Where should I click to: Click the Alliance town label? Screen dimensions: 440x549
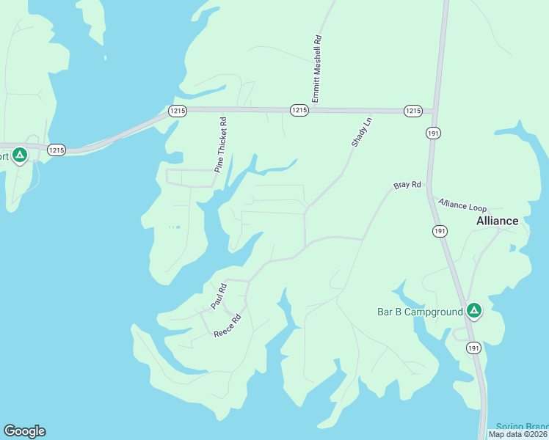click(x=497, y=221)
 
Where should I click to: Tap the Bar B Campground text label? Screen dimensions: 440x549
click(x=420, y=312)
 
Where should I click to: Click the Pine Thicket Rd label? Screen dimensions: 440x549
click(x=221, y=145)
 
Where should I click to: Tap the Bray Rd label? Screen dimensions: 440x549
click(x=407, y=186)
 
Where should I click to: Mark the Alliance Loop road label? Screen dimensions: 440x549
click(x=462, y=205)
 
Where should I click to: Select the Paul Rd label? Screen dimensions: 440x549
click(x=219, y=294)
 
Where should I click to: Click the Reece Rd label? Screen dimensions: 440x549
click(x=228, y=326)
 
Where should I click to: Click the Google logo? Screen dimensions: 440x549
click(x=24, y=431)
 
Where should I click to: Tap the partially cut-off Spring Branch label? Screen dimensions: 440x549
click(x=522, y=427)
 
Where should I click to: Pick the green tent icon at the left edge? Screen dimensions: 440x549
click(x=20, y=155)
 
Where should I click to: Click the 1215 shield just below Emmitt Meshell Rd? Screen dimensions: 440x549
click(x=299, y=109)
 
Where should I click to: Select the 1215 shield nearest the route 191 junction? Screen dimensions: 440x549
click(x=413, y=111)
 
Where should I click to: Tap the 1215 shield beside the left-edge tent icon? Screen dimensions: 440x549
click(x=56, y=150)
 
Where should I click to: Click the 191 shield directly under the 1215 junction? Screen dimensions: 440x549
click(x=432, y=133)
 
